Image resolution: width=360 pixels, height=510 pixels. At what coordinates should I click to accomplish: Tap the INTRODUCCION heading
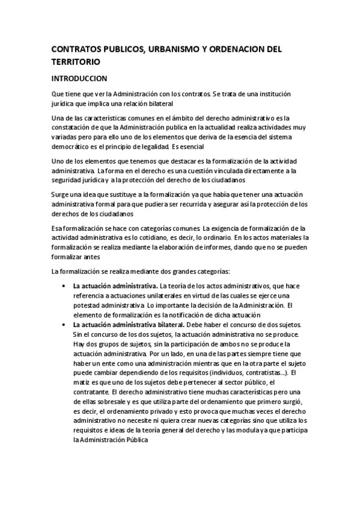coord(79,79)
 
